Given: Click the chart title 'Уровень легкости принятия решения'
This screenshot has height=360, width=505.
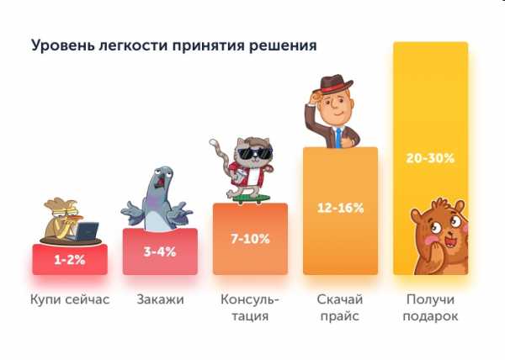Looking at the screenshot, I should click(173, 45).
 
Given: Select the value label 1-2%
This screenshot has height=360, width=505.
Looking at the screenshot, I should click(70, 260).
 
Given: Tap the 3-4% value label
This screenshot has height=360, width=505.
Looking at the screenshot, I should click(160, 251).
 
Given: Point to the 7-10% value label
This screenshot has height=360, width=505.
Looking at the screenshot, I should click(250, 239).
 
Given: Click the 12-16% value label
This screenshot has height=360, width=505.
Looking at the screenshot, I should click(340, 208).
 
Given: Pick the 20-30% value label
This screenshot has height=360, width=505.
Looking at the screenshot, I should click(431, 158).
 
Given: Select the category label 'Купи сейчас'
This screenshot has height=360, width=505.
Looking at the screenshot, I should click(70, 299).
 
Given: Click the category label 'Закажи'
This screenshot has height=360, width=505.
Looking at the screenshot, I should click(160, 299).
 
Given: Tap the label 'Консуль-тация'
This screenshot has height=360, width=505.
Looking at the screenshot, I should click(250, 308).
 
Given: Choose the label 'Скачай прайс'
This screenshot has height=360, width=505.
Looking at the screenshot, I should click(340, 308).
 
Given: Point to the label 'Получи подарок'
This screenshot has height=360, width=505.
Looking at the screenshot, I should click(431, 308).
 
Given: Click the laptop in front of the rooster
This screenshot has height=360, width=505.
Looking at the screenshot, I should click(87, 230).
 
